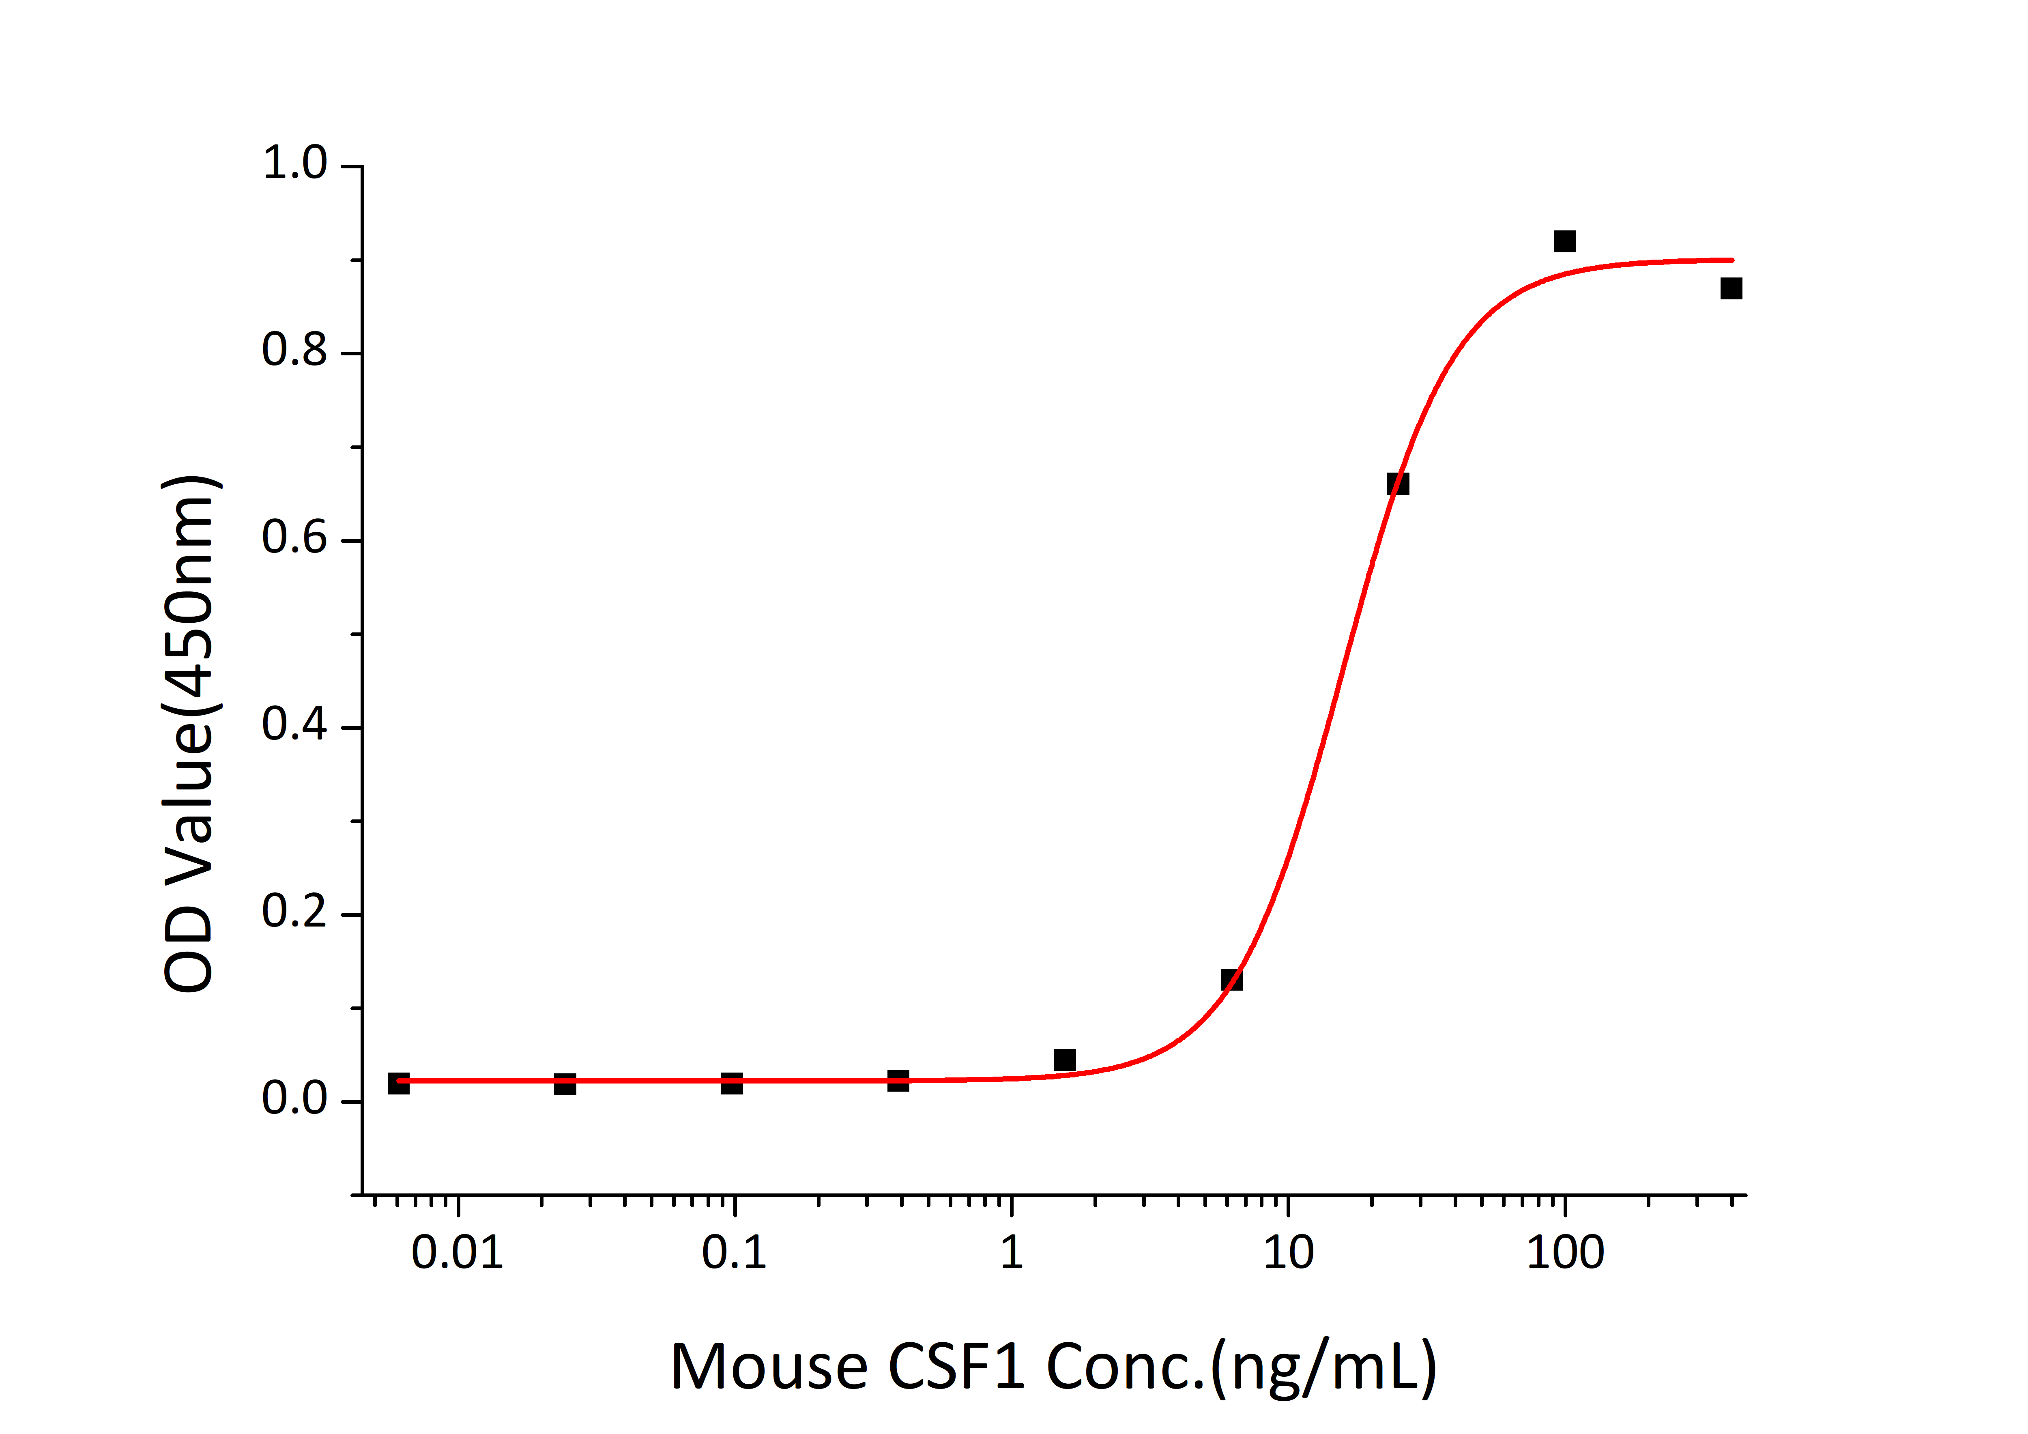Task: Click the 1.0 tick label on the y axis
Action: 294,164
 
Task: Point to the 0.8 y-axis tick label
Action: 294,352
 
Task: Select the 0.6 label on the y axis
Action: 294,539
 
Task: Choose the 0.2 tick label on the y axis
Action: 294,913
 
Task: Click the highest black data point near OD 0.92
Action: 1564,241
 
